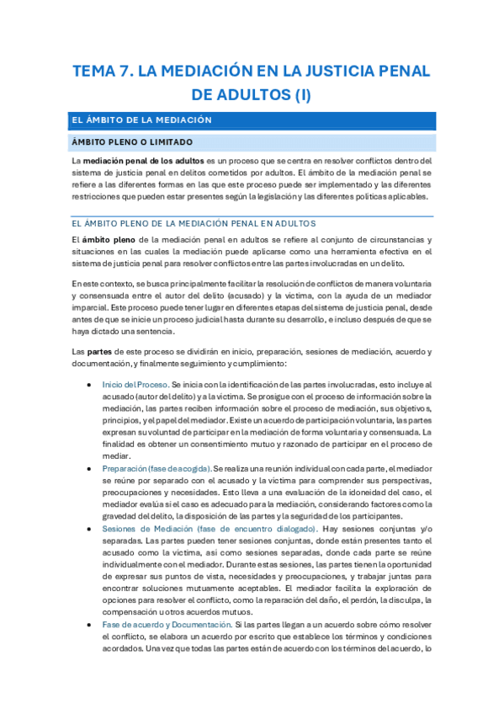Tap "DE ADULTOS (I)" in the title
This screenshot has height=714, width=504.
pos(252,94)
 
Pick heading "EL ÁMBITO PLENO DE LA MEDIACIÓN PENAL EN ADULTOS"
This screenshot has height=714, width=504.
pos(194,223)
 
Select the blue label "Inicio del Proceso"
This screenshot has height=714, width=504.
pos(134,384)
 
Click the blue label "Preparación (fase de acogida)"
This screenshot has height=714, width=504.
pos(156,467)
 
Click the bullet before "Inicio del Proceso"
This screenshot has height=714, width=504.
pos(90,384)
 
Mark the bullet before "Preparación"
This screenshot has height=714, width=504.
pos(90,467)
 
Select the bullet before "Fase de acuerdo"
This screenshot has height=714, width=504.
pos(90,625)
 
